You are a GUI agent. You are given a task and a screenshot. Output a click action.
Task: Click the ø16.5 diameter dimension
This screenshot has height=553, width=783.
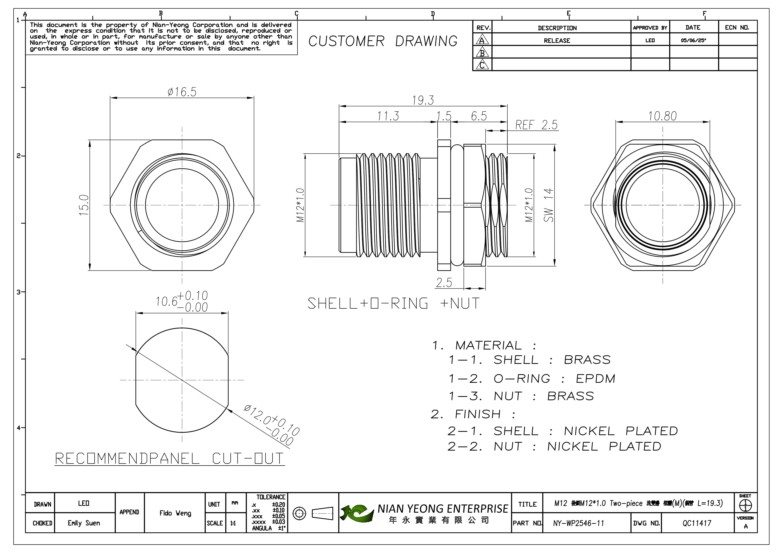click(x=182, y=92)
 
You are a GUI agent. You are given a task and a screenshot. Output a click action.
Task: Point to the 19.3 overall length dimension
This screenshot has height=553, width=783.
click(x=423, y=100)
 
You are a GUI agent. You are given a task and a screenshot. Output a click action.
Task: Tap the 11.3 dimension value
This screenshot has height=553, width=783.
click(x=388, y=116)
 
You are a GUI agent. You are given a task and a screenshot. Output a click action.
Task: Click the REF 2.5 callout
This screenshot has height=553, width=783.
click(x=536, y=125)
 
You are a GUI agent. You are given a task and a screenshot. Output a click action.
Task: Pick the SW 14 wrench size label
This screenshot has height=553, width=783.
click(x=549, y=205)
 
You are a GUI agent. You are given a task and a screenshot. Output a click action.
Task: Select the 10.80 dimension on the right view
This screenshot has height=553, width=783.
click(x=662, y=116)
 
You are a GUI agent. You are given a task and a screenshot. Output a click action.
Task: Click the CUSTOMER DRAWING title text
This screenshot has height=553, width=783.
click(x=383, y=41)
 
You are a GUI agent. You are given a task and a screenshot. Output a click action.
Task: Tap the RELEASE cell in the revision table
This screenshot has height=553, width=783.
click(x=557, y=41)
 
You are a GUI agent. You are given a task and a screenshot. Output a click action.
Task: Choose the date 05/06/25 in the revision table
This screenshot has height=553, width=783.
click(x=693, y=41)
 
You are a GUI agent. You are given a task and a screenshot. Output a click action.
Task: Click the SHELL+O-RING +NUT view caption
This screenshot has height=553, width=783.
click(x=394, y=303)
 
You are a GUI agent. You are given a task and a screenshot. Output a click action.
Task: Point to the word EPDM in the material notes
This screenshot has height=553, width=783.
click(x=596, y=379)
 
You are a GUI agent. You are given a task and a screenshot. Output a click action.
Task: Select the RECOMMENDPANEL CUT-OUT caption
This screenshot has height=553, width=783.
click(x=169, y=459)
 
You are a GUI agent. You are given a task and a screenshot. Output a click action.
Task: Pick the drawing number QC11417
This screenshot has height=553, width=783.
click(x=697, y=523)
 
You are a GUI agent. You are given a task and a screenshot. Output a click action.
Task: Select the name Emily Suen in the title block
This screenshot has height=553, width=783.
click(x=84, y=523)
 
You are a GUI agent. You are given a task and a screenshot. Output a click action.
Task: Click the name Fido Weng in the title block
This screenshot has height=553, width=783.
click(x=175, y=513)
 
